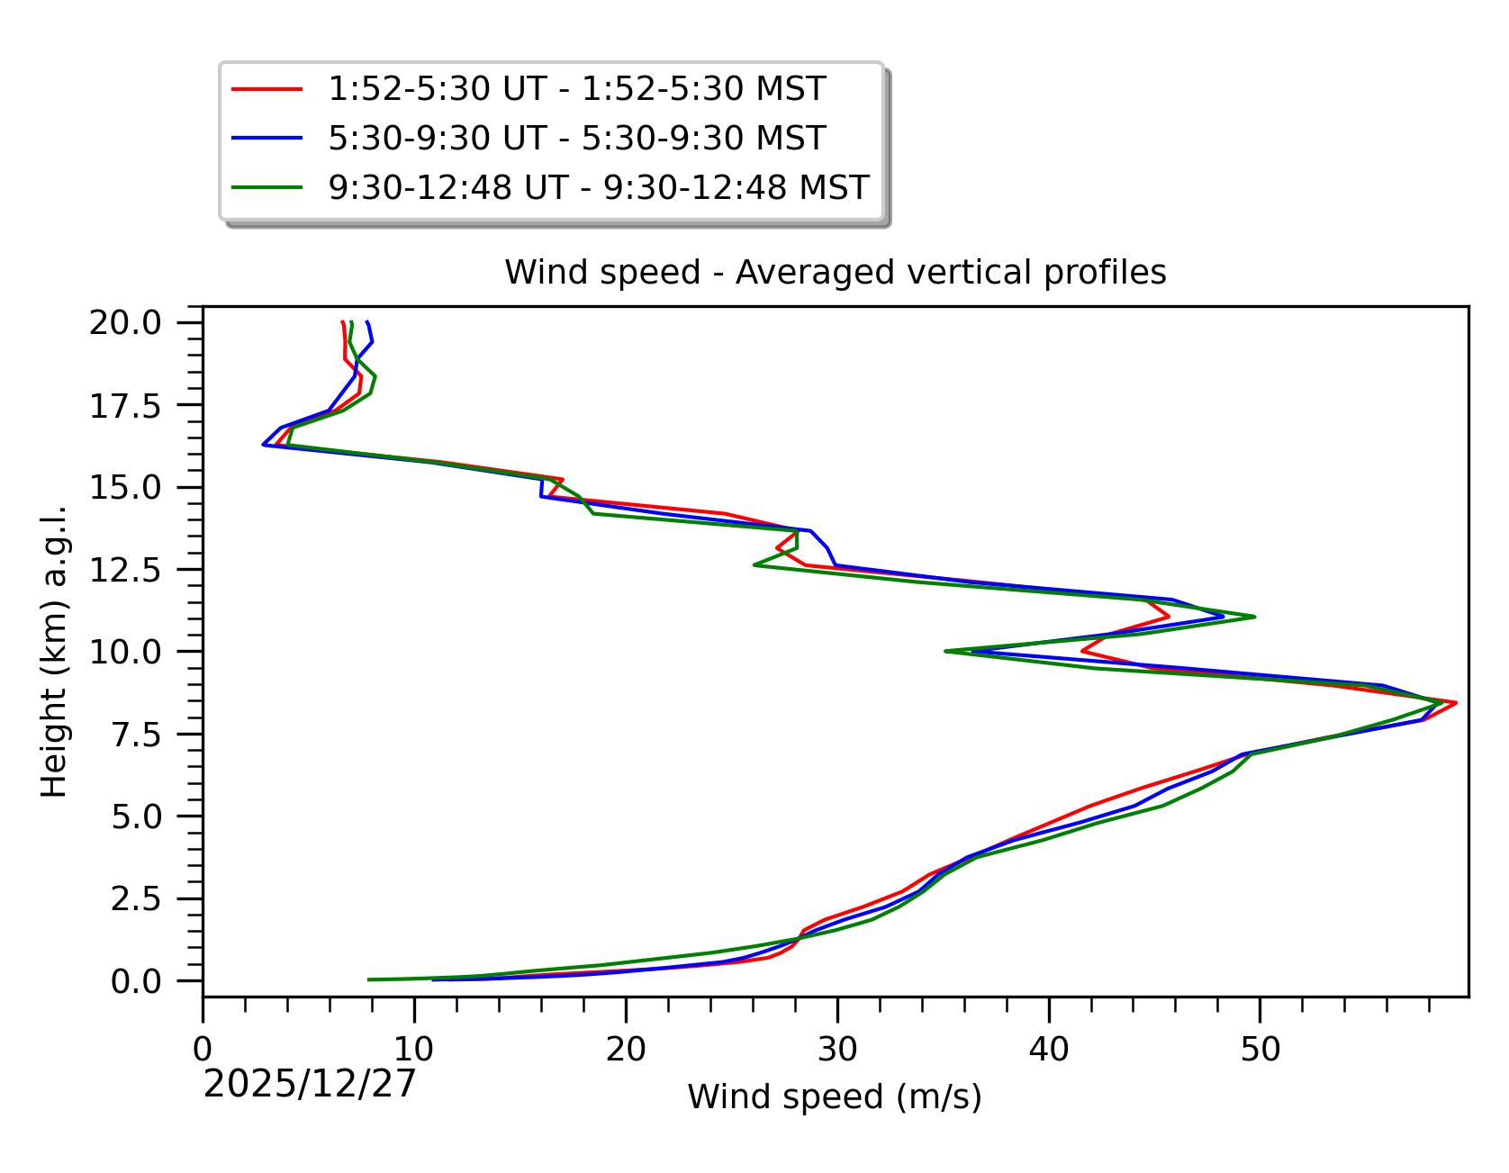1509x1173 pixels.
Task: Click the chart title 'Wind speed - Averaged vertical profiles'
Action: point(835,272)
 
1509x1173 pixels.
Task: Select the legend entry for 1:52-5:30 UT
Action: point(576,89)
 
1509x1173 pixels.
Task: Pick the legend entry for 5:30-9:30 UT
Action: point(576,139)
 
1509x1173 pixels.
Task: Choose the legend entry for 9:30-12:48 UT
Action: point(598,187)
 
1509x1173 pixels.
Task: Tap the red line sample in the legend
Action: point(267,89)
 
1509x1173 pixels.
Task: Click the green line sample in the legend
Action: point(267,187)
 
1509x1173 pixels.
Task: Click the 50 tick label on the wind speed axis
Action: point(1260,1049)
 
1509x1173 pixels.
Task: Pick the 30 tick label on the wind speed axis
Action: point(837,1049)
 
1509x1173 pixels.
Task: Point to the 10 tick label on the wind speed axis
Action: point(414,1049)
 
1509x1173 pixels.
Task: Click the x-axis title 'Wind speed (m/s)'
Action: point(835,1097)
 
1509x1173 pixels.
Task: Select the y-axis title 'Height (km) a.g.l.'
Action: point(55,651)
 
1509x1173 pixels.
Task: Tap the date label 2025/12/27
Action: point(310,1084)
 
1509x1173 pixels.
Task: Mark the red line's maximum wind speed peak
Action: point(1456,702)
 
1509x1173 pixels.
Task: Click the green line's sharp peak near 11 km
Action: point(1254,617)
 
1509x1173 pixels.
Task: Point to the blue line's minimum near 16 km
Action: point(263,445)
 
